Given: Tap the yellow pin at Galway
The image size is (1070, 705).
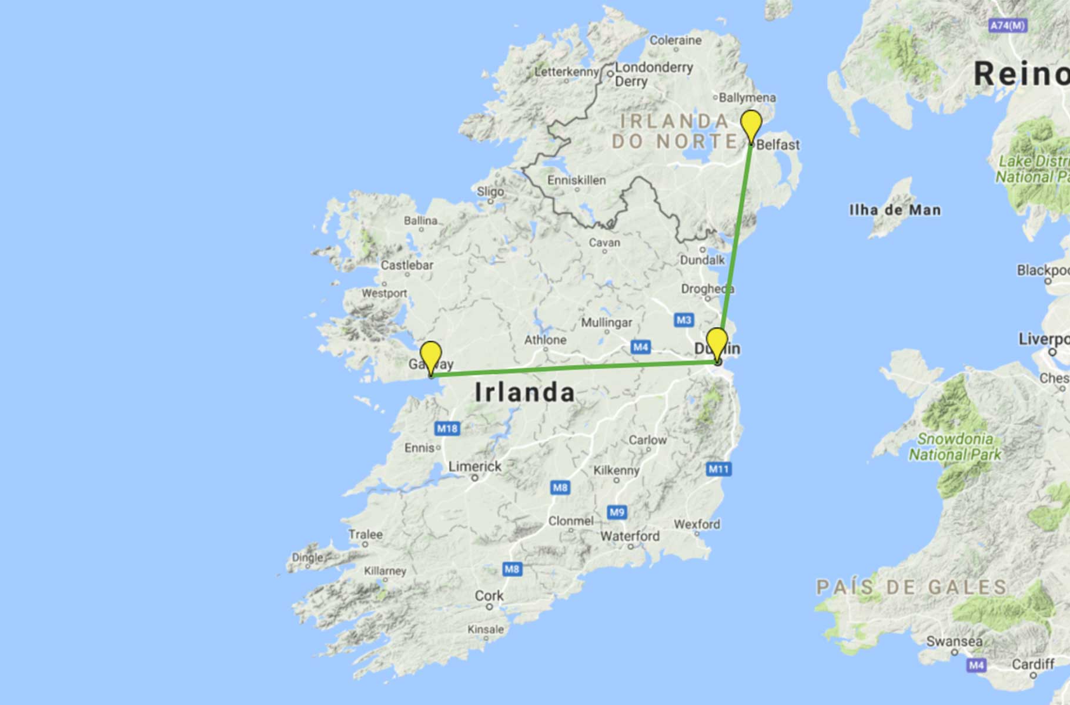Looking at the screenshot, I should point(431,355).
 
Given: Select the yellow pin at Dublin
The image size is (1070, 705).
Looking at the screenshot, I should point(717,342).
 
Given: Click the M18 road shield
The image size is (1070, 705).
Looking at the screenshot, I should point(447,428).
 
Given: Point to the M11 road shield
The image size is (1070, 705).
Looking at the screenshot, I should point(718,469).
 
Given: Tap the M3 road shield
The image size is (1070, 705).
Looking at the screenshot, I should point(683,320).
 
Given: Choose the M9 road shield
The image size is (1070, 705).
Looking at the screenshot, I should point(617,512).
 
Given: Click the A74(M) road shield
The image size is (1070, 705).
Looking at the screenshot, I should point(1008,26).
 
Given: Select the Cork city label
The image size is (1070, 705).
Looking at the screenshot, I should point(489,596).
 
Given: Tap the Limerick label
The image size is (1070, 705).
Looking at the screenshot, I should point(475,466).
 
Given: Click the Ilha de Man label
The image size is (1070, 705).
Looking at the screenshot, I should point(895,210).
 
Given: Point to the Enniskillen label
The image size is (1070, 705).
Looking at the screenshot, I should point(576,180).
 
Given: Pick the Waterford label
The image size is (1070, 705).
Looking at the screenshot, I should point(630,536).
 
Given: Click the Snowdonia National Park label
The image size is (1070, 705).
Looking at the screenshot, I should point(955,446).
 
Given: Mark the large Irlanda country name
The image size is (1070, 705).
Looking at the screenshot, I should point(524,392).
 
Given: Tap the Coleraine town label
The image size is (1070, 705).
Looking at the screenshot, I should point(676,41).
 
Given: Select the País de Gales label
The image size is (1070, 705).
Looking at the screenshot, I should point(911,587).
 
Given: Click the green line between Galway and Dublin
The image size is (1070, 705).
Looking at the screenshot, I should point(573,368).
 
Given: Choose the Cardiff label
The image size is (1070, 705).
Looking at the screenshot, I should point(1033,664).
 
